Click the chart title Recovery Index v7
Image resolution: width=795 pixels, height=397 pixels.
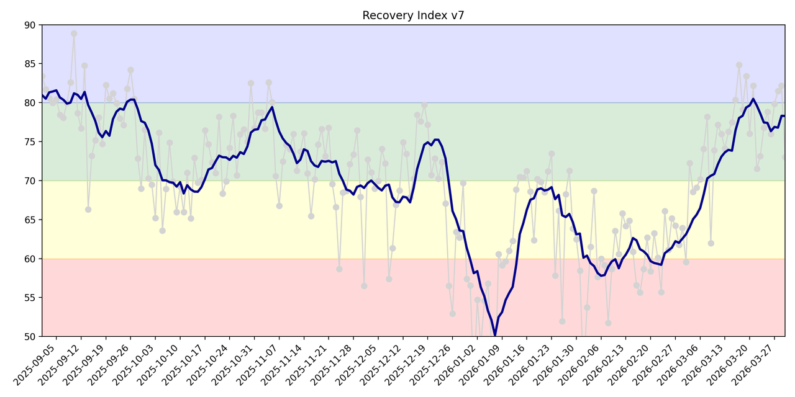coord(413,16)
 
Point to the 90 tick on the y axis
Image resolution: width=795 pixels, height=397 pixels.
coord(30,25)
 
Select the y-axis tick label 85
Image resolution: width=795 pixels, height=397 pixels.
coord(30,64)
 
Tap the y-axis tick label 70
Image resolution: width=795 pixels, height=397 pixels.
coord(30,181)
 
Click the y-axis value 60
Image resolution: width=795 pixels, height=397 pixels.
coord(30,259)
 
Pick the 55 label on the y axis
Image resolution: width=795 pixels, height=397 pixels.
coord(30,298)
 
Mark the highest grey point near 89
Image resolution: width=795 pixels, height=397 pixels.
coord(74,34)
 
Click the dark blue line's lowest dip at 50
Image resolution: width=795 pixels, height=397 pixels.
coord(495,336)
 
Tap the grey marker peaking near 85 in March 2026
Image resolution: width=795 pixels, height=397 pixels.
coord(739,65)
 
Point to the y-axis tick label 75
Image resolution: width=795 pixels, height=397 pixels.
coord(30,142)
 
